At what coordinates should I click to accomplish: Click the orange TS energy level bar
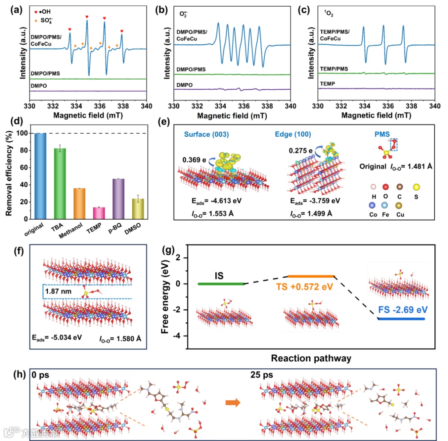[x=310, y=276]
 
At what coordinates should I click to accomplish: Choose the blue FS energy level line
[x=402, y=319]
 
